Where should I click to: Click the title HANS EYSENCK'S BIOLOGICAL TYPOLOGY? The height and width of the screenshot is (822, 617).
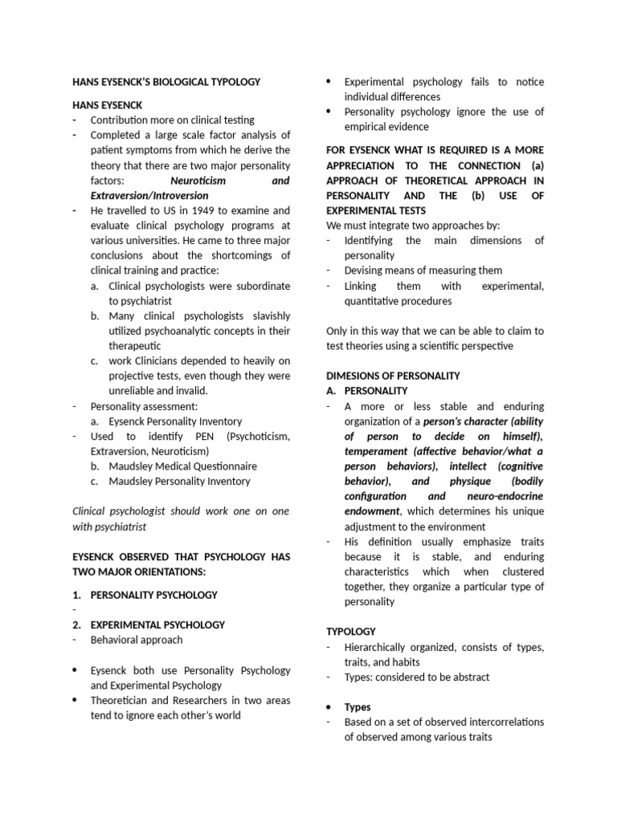pyautogui.click(x=165, y=82)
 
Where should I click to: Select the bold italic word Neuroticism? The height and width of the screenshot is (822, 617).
pyautogui.click(x=198, y=181)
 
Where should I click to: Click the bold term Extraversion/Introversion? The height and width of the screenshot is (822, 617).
pyautogui.click(x=149, y=195)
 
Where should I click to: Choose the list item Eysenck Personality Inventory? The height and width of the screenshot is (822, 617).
pyautogui.click(x=174, y=421)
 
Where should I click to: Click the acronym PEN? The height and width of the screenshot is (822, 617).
pyautogui.click(x=213, y=436)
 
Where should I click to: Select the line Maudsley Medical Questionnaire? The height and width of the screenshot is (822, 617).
pyautogui.click(x=182, y=466)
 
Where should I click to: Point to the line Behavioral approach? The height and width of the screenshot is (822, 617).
pyautogui.click(x=137, y=640)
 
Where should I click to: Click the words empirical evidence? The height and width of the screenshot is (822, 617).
pyautogui.click(x=386, y=126)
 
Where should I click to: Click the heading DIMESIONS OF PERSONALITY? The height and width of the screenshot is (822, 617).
pyautogui.click(x=392, y=376)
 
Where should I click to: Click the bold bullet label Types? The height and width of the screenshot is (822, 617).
pyautogui.click(x=358, y=707)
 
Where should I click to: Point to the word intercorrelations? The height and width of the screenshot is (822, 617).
pyautogui.click(x=497, y=722)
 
